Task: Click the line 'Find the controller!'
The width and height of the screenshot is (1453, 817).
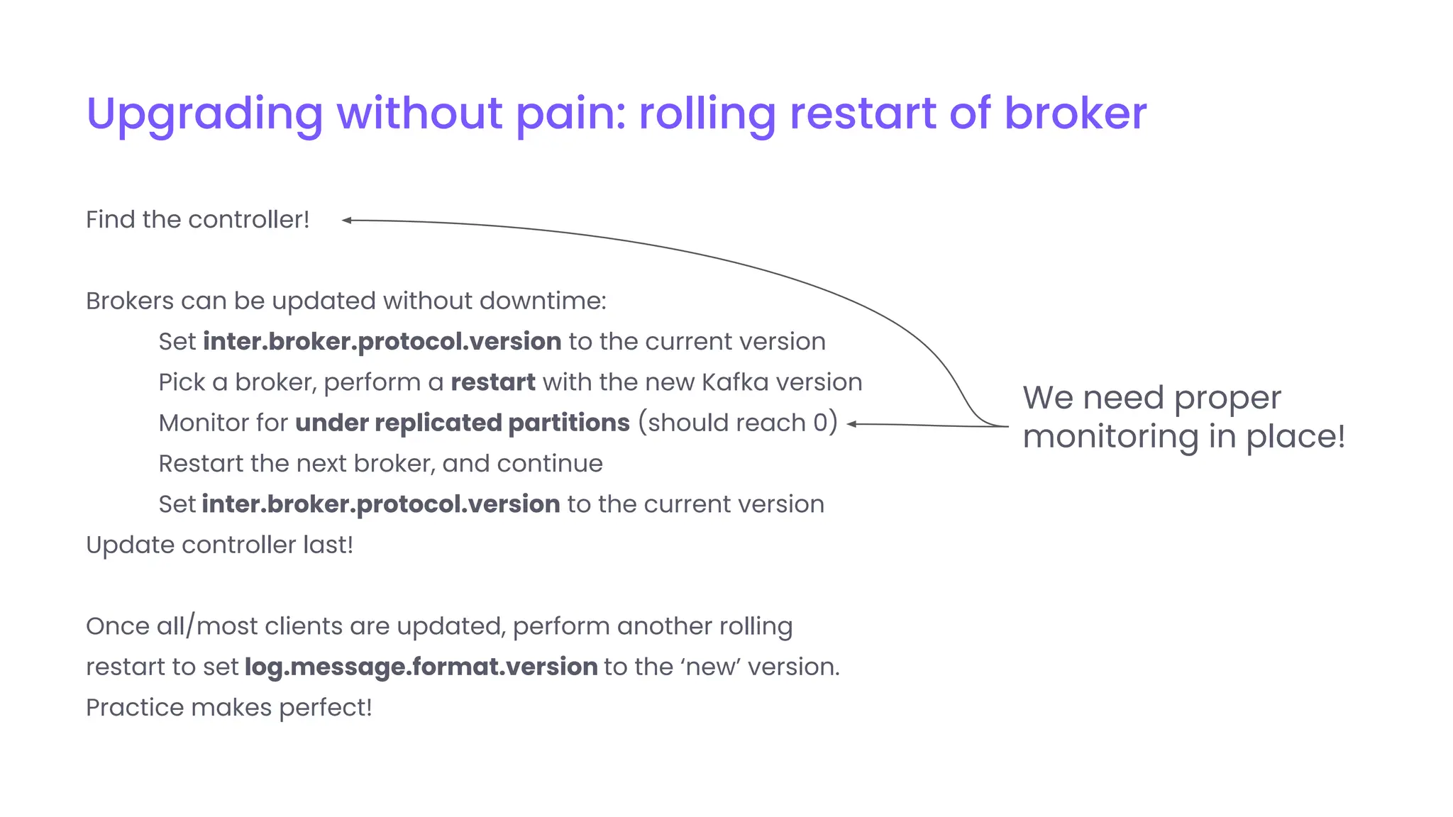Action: click(197, 220)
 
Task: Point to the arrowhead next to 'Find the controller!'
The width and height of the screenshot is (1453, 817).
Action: click(346, 221)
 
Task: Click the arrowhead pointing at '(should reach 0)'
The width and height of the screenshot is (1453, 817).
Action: click(852, 424)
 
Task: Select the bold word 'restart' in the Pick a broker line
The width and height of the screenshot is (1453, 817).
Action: click(492, 382)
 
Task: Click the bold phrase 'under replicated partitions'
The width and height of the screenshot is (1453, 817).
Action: click(462, 423)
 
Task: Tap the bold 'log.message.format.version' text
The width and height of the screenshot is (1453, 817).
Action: click(421, 667)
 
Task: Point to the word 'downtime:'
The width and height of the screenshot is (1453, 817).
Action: click(543, 301)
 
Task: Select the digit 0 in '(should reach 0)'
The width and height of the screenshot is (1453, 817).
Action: click(820, 423)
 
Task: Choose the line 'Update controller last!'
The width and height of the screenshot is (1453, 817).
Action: click(219, 545)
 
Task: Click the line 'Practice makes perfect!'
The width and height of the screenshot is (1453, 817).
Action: click(228, 707)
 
